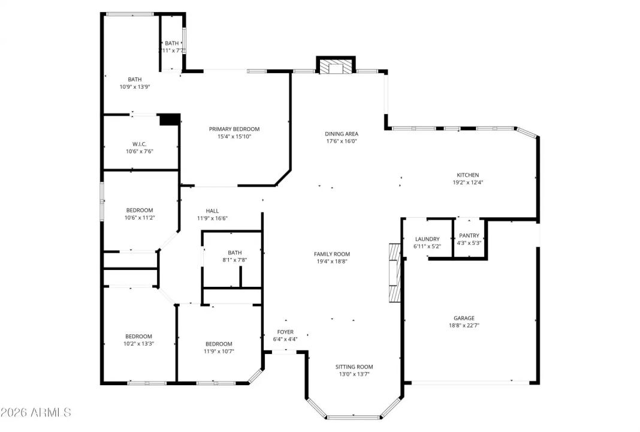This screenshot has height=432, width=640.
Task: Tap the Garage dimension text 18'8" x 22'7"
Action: [x=464, y=325]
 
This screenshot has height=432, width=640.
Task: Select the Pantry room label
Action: [x=469, y=236]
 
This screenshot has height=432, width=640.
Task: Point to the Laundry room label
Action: [x=427, y=239]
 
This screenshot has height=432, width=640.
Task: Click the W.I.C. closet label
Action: [x=140, y=144]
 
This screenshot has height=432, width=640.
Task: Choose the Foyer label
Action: [x=285, y=332]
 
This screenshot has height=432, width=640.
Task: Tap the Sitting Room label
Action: [x=354, y=367]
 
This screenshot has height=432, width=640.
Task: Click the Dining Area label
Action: [x=342, y=134]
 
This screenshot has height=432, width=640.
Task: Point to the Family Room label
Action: [x=331, y=254]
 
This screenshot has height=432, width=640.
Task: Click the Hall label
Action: [x=212, y=211]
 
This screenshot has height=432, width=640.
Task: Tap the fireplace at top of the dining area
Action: [x=336, y=67]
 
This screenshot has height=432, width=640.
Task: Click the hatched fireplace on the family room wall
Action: [x=394, y=272]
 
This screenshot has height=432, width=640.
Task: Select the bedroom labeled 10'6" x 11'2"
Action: [x=140, y=214]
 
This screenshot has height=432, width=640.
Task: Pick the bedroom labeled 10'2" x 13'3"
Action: [x=138, y=340]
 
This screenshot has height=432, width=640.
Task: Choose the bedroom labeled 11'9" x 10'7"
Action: [x=218, y=347]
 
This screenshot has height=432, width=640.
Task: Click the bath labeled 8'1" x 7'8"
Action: [x=234, y=256]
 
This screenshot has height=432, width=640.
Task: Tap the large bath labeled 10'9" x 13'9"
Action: [x=134, y=83]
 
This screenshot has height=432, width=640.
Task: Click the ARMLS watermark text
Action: [x=36, y=413]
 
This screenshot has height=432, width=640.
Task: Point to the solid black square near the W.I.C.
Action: [x=170, y=119]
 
